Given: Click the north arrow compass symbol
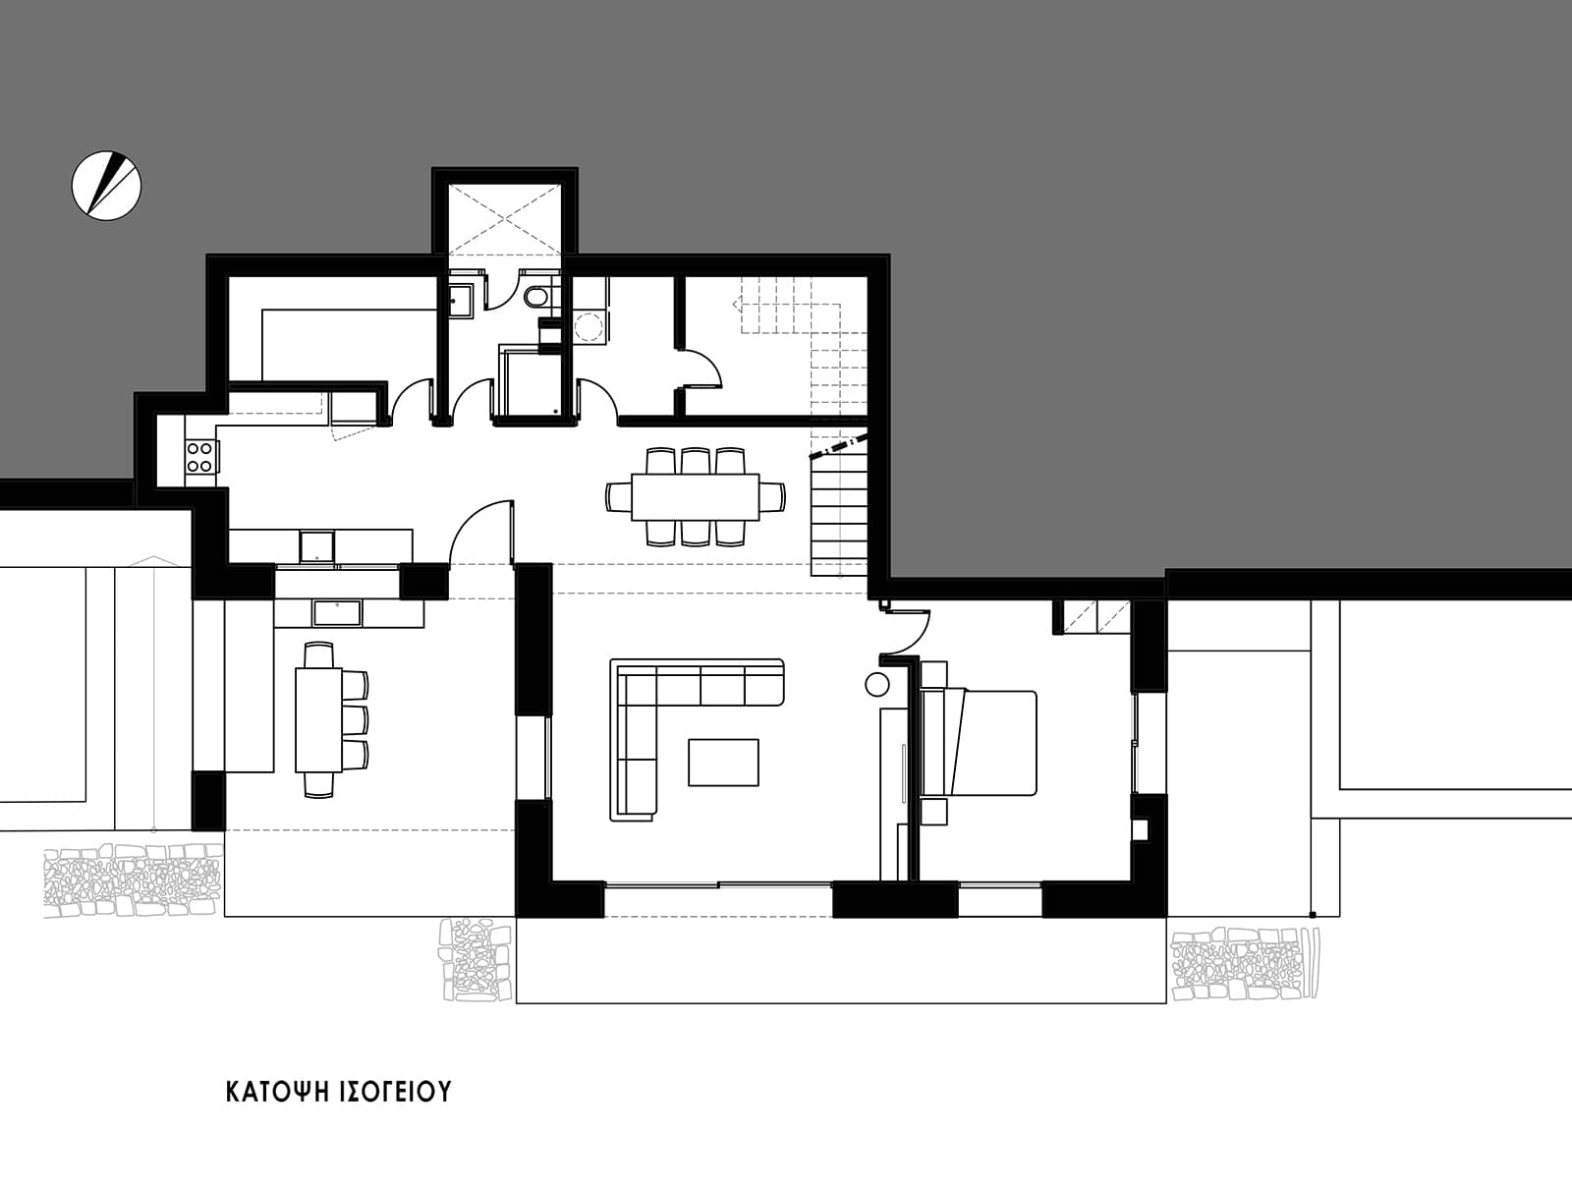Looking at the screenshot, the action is click(107, 186).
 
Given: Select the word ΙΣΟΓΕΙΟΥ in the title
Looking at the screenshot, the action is click(391, 1092).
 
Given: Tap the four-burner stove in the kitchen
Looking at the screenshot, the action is click(199, 457).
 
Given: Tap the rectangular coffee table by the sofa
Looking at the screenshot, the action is click(723, 763).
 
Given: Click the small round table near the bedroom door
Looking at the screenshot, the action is click(877, 685).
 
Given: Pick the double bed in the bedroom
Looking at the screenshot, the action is click(979, 742).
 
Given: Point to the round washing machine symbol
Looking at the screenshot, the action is click(589, 328).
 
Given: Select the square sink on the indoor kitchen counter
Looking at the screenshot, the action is click(316, 546).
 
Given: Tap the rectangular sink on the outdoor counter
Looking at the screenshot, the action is click(337, 613).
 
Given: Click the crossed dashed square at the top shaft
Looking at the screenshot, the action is click(504, 218).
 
